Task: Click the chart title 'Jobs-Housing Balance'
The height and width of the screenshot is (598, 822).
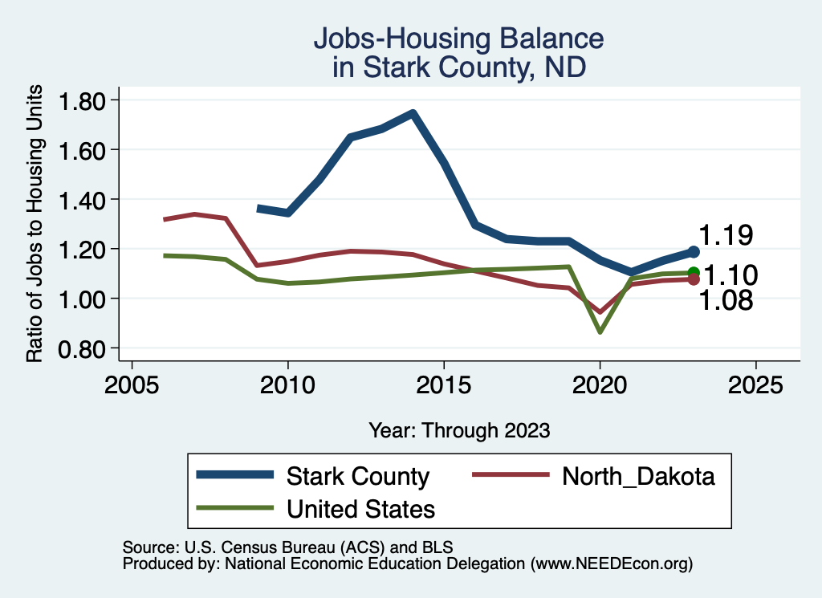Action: (458, 39)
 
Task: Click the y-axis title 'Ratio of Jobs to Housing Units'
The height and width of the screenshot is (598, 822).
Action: (35, 236)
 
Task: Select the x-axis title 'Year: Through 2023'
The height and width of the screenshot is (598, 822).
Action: (459, 430)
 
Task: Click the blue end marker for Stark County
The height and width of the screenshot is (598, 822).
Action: (694, 252)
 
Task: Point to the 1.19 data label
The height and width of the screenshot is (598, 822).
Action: (726, 235)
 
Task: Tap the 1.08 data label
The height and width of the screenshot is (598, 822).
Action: (726, 301)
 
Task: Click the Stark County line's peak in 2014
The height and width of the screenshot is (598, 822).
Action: (413, 113)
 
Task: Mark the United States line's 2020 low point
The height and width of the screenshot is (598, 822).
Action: (600, 331)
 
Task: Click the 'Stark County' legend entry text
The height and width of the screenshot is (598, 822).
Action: (358, 476)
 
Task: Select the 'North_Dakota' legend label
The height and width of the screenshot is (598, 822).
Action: (638, 476)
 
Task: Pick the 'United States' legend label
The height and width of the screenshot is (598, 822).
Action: (360, 509)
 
